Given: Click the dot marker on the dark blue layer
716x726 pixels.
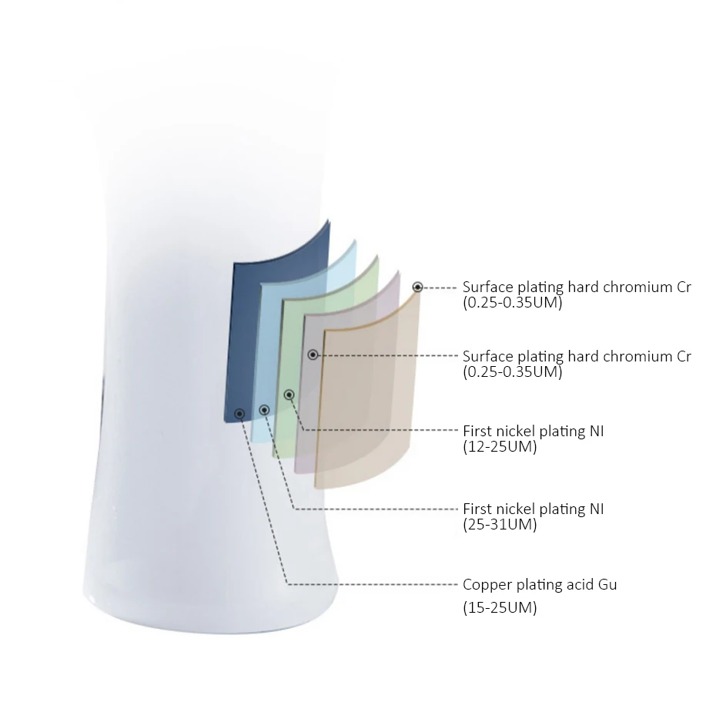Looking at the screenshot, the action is pos(240,414).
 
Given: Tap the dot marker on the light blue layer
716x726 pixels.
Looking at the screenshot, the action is pos(264,410).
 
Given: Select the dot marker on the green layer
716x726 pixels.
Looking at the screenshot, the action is pos(289,395).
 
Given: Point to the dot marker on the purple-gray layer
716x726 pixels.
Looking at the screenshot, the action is pos(313,355).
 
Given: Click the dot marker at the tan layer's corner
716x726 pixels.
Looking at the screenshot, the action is pos(417,287).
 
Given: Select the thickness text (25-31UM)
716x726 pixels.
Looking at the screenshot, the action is pos(500,525).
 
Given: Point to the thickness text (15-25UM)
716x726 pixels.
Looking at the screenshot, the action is pos(500,608).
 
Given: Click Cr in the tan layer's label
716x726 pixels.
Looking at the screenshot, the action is pos(683,287).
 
